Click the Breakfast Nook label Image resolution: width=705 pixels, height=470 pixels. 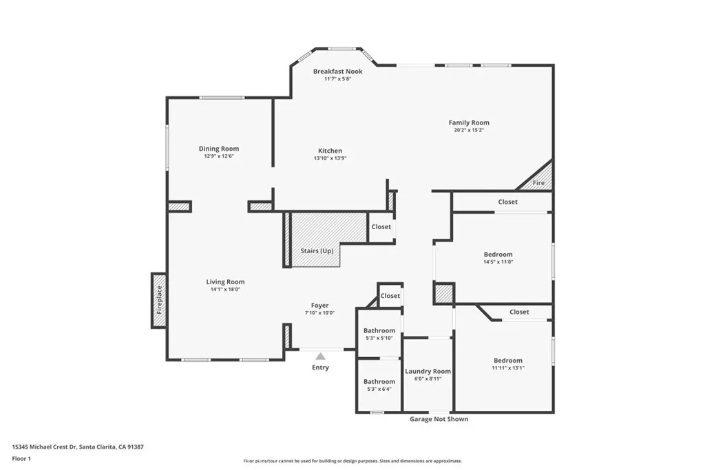point(337,72)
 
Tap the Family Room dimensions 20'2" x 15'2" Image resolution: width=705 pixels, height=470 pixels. point(469,130)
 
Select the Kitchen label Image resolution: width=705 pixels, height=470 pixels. point(330,151)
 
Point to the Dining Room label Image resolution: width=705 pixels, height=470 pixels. point(219,149)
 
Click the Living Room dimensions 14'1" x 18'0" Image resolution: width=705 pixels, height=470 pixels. point(225,290)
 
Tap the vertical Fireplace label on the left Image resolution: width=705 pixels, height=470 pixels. point(159,301)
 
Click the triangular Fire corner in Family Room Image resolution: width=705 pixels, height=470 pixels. point(540,180)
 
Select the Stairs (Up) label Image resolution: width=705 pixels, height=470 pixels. point(317,251)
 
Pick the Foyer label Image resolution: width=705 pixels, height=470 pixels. point(319,306)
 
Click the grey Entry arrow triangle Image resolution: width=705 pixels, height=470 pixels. point(320,356)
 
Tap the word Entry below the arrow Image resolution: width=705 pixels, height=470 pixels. point(320,367)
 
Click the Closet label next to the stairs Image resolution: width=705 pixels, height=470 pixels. point(381,227)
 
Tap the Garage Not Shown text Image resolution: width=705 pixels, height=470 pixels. point(439,419)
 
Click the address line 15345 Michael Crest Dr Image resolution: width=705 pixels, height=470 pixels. point(78,447)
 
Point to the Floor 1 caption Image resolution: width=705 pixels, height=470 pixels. point(22,458)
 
